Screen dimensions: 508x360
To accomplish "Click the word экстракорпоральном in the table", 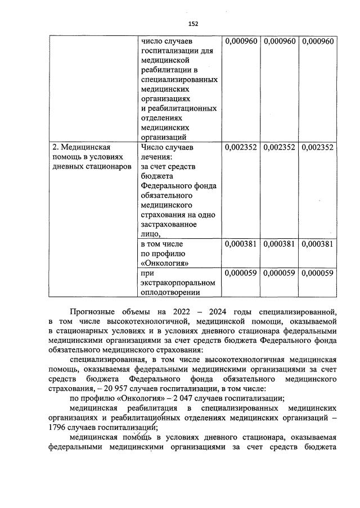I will click(x=177, y=282).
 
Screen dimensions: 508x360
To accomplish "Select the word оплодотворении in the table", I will click(x=171, y=291).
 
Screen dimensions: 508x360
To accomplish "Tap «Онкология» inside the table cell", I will click(x=164, y=262).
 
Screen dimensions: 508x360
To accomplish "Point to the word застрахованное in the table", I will click(x=169, y=225).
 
